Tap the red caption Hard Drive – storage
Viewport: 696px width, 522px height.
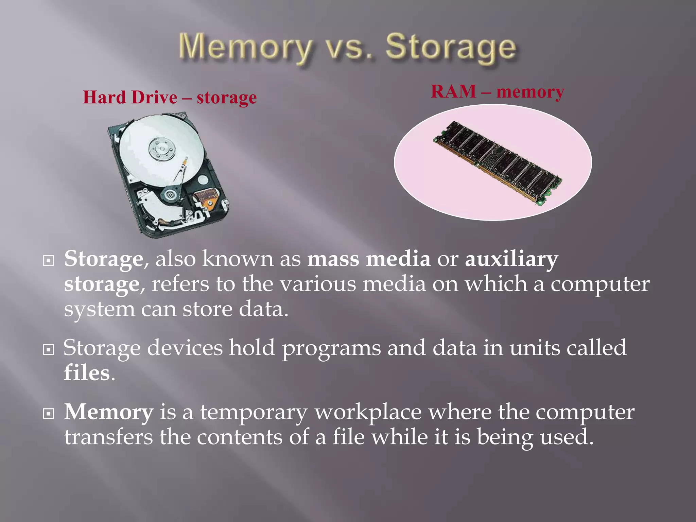[170, 98]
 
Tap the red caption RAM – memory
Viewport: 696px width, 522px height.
[497, 92]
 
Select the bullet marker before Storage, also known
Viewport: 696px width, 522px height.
[49, 261]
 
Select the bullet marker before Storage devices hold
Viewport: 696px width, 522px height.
[49, 349]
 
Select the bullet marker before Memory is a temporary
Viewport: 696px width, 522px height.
[49, 414]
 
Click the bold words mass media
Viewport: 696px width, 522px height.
[369, 259]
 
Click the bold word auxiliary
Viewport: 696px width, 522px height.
[511, 259]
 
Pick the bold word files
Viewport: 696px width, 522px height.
[87, 373]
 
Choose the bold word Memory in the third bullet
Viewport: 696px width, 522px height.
[109, 412]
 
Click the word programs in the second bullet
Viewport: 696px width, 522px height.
[331, 349]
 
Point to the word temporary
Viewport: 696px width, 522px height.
[254, 413]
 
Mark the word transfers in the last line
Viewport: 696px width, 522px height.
[109, 437]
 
